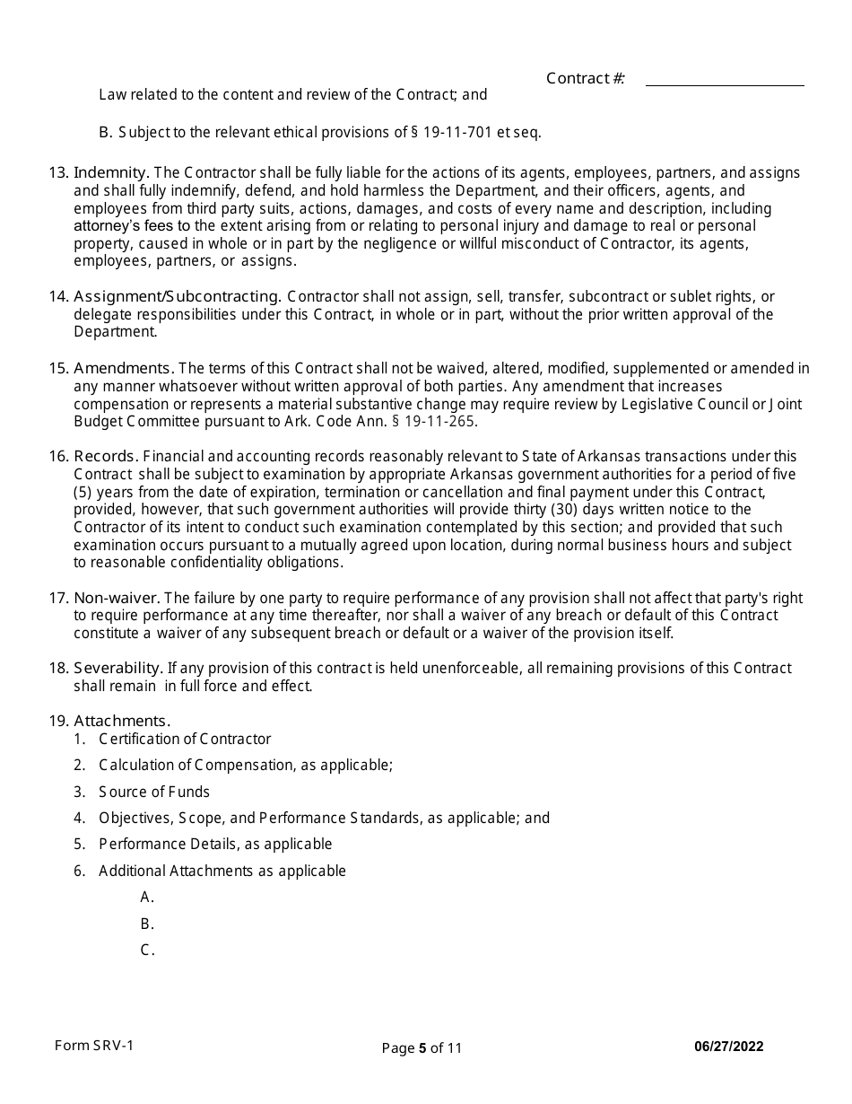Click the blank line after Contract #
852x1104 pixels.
[725, 81]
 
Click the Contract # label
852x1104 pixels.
[585, 78]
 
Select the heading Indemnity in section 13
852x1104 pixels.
[111, 172]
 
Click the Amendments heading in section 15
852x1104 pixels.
[124, 368]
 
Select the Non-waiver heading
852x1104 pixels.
[117, 598]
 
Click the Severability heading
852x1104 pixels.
[117, 668]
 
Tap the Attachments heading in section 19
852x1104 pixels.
[121, 721]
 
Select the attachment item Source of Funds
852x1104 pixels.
[154, 792]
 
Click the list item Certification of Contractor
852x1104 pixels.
[185, 739]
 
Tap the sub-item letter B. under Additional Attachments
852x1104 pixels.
[148, 924]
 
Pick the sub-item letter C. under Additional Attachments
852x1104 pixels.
[148, 950]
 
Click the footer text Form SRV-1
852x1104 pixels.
[94, 1046]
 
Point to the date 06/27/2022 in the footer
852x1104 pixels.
[729, 1047]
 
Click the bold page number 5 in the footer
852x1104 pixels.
[422, 1047]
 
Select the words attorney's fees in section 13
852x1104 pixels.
[132, 225]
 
